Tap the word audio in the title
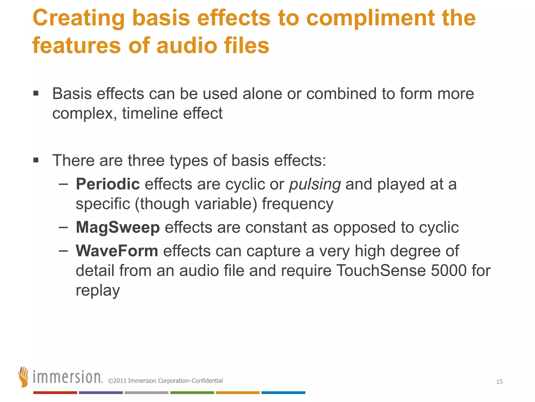[x=187, y=46]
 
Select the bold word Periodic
[x=108, y=184]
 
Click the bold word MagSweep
[x=118, y=227]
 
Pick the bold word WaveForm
[x=117, y=251]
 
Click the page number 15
[x=499, y=382]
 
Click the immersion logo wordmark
[x=67, y=377]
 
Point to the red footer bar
[x=55, y=393]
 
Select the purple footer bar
[x=101, y=393]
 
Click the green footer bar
[x=192, y=393]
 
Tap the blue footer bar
[x=283, y=393]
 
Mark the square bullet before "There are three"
[x=36, y=160]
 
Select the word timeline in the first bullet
[x=150, y=114]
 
